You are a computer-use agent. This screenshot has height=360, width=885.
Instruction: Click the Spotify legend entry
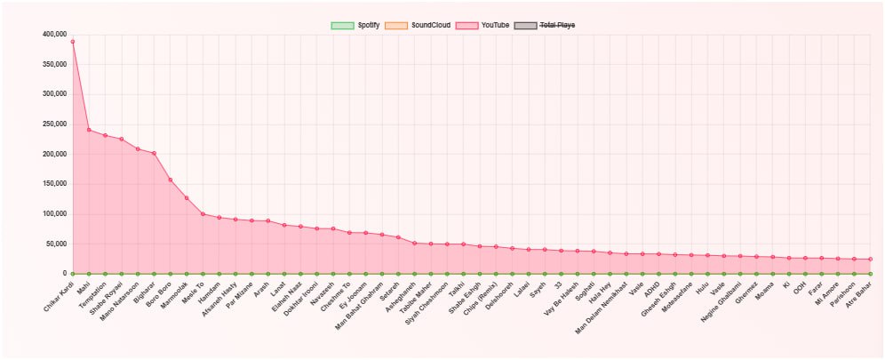pyautogui.click(x=355, y=26)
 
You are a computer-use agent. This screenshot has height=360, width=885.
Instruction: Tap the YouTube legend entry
pyautogui.click(x=482, y=26)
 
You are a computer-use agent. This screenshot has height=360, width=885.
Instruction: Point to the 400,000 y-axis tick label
pyautogui.click(x=54, y=35)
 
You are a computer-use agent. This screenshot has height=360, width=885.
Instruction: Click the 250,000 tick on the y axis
pyautogui.click(x=54, y=124)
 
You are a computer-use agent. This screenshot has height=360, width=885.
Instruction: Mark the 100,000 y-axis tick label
pyautogui.click(x=54, y=214)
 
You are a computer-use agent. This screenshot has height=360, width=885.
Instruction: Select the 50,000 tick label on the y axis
pyautogui.click(x=57, y=244)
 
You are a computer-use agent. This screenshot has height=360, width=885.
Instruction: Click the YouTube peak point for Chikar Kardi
pyautogui.click(x=72, y=42)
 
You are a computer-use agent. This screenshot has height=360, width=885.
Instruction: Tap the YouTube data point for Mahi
pyautogui.click(x=89, y=130)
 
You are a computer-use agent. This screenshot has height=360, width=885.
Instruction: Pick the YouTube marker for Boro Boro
pyautogui.click(x=170, y=180)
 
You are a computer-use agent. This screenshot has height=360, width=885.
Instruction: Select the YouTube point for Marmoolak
pyautogui.click(x=187, y=198)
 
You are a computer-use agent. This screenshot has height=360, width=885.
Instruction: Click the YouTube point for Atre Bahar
pyautogui.click(x=870, y=260)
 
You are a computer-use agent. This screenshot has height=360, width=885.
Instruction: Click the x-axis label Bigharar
pyautogui.click(x=145, y=292)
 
